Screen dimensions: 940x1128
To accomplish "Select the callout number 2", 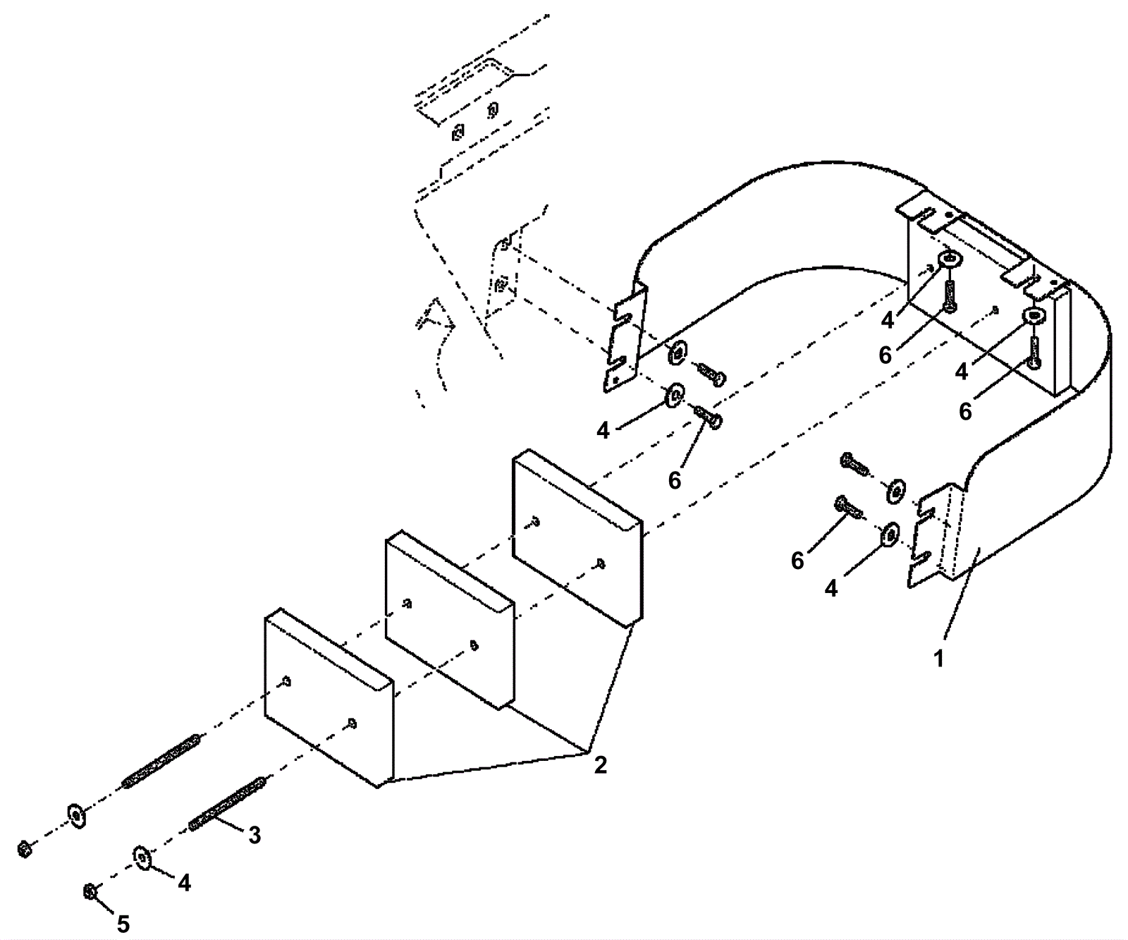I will pos(600,764).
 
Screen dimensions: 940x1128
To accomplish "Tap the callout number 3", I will pos(255,835).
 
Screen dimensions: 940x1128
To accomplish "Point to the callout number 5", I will pos(123,923).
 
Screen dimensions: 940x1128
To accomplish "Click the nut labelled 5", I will pos(90,891).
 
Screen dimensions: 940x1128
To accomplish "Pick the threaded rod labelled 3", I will pos(228,803).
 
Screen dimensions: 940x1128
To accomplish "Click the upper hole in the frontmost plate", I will pos(286,681).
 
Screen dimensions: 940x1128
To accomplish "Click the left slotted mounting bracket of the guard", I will pos(625,338).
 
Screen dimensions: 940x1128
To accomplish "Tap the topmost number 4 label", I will pos(887,320).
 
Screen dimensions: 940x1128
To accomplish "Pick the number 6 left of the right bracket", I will pos(797,561).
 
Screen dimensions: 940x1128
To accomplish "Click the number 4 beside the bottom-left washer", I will pos(184,882).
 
